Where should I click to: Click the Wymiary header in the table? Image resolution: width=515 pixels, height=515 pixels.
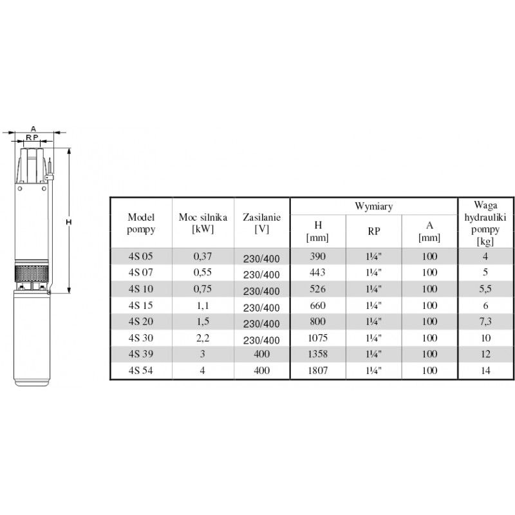point(373,207)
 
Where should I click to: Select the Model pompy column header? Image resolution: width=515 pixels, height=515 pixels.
point(141,223)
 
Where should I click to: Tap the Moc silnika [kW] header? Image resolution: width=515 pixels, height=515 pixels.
point(203,223)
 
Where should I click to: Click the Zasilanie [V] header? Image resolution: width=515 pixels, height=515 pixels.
point(262,223)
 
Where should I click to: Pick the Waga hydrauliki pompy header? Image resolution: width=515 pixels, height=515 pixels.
point(485,223)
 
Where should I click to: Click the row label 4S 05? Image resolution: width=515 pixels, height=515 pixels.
point(140,256)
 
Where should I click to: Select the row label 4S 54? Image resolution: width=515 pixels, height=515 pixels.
point(140,371)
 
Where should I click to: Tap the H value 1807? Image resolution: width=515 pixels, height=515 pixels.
point(317,371)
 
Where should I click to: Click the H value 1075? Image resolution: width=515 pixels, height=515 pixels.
point(317,338)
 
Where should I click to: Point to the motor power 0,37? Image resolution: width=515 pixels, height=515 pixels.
point(203,256)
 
